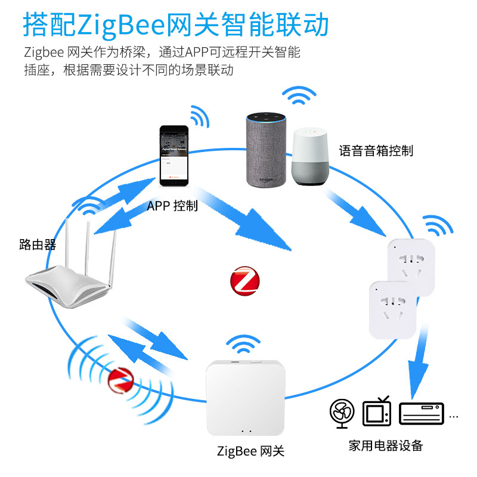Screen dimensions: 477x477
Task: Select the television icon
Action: coord(377,411)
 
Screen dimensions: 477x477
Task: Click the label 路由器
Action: coord(37,244)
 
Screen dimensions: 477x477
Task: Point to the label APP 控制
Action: coord(172,206)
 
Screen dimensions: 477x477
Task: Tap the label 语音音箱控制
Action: coord(376,150)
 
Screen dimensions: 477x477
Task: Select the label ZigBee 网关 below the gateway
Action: coord(250,451)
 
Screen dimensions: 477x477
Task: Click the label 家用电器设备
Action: coord(386,445)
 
